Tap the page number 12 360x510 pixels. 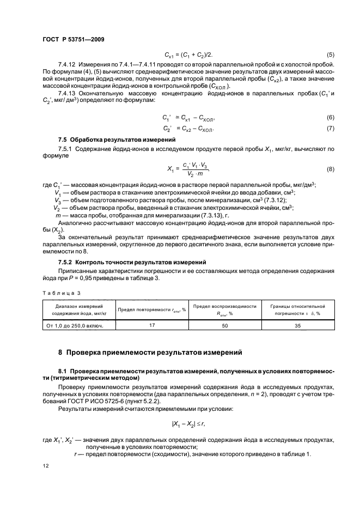(45, 466)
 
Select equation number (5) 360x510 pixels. (330, 55)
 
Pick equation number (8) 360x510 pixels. (330, 169)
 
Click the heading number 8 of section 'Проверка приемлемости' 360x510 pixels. (60, 353)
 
